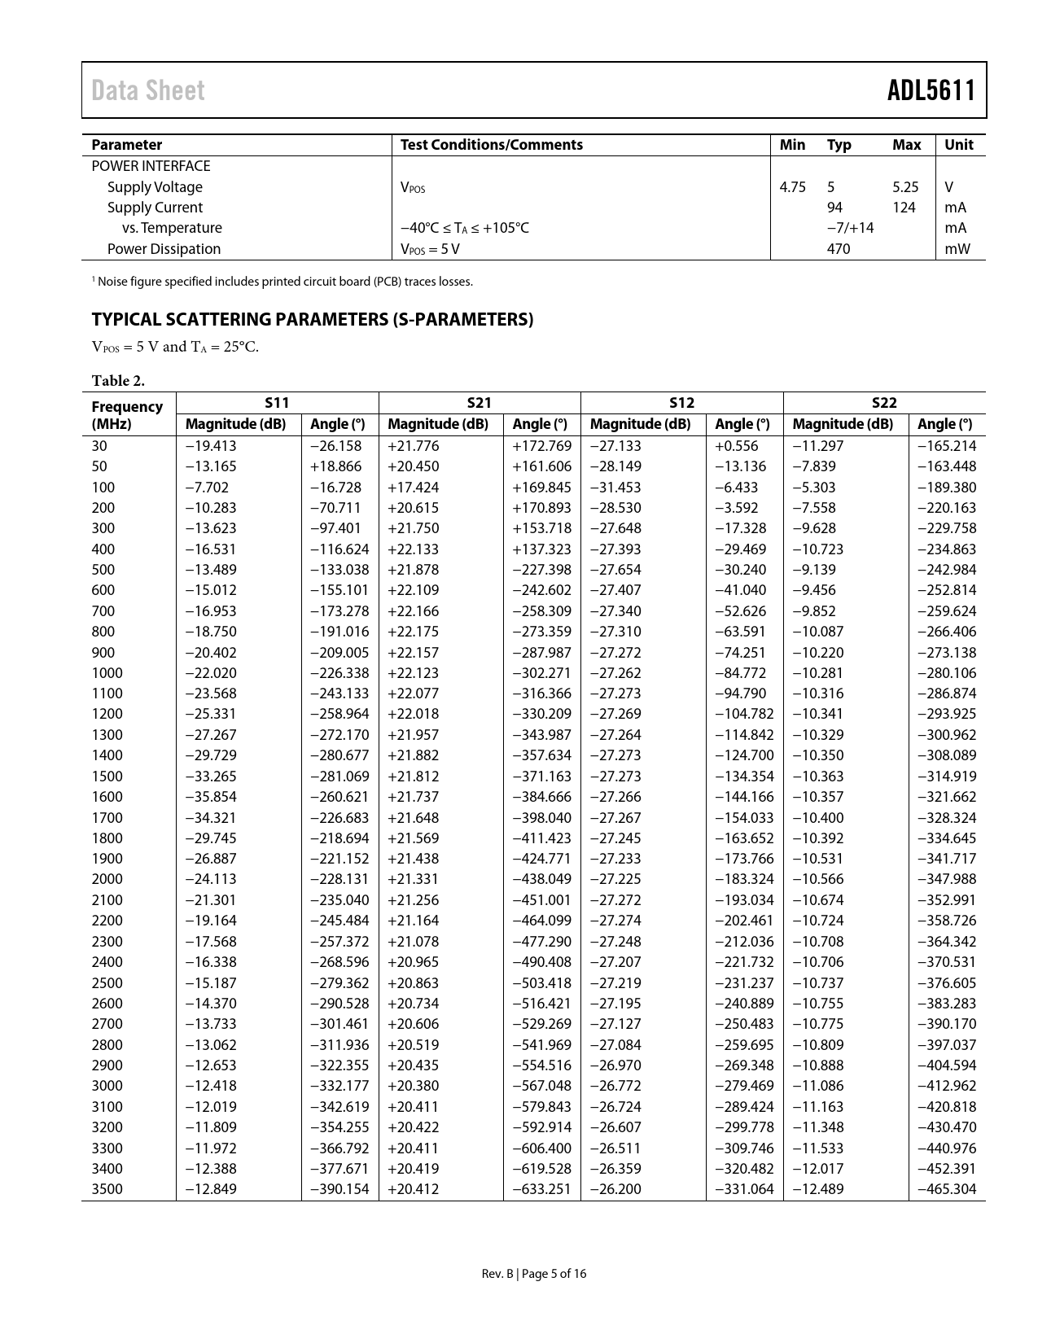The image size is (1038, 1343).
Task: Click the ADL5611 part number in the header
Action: click(x=931, y=90)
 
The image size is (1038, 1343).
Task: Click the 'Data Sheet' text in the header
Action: click(x=148, y=90)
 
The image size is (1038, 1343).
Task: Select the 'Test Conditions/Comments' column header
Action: click(x=491, y=145)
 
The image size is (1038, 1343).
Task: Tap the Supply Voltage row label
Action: click(x=155, y=187)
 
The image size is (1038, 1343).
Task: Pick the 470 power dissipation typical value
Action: click(x=838, y=249)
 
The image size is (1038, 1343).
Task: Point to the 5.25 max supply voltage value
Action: click(x=904, y=187)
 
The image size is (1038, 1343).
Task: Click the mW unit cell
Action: click(x=958, y=249)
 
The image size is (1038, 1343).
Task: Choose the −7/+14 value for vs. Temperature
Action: click(x=850, y=228)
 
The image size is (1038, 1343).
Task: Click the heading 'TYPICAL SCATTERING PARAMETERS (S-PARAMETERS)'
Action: click(x=312, y=319)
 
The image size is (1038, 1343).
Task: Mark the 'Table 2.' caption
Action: click(x=118, y=380)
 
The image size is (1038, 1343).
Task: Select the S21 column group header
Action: click(x=480, y=402)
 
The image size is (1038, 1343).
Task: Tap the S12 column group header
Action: click(x=681, y=402)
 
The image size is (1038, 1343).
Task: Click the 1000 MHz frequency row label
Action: click(x=107, y=673)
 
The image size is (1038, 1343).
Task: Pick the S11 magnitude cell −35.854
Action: click(x=211, y=797)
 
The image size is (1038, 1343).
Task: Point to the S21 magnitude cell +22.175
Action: click(x=414, y=632)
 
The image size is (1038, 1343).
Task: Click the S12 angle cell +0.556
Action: click(x=736, y=446)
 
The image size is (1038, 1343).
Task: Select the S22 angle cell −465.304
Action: click(x=946, y=1189)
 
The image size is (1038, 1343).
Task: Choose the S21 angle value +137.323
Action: click(x=541, y=549)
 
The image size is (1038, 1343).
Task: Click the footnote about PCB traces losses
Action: click(x=282, y=282)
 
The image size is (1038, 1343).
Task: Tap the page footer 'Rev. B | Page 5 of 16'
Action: click(x=533, y=1274)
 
